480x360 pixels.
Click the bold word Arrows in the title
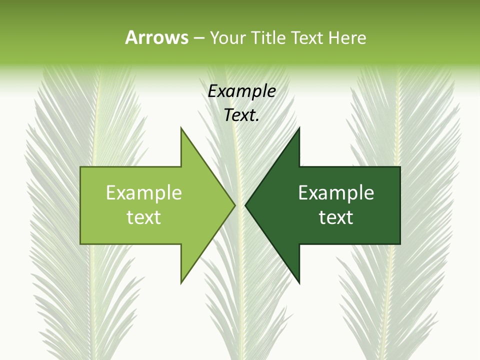(156, 37)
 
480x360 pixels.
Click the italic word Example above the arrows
(241, 91)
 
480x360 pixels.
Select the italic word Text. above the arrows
(241, 115)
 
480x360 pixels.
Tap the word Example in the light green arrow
(144, 193)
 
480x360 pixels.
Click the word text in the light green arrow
(144, 217)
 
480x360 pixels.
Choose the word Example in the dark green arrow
(336, 193)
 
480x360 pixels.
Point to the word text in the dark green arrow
(336, 217)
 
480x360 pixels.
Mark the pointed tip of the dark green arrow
(246, 205)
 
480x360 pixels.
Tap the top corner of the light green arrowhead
(181, 128)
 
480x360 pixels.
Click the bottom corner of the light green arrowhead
(181, 282)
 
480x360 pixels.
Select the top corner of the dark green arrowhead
(299, 128)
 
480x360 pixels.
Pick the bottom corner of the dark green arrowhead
(299, 282)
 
